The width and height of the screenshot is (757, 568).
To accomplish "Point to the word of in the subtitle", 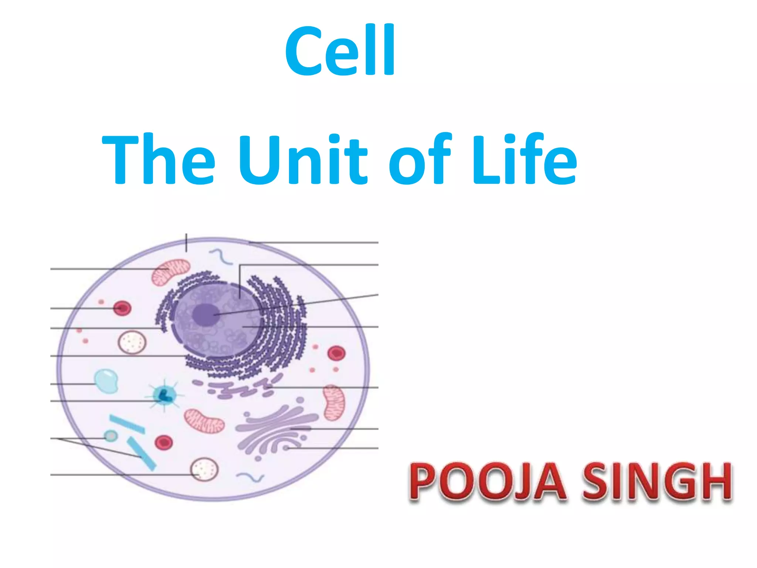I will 420,159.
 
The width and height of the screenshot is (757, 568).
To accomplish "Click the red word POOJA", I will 487,482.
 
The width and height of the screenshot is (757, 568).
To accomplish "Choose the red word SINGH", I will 657,482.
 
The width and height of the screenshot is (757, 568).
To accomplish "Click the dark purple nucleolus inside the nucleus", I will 206,315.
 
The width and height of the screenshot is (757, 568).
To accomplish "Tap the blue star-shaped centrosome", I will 164,395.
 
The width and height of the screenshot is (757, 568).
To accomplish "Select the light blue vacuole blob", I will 106,381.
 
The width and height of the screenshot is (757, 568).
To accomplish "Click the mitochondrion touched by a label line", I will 171,273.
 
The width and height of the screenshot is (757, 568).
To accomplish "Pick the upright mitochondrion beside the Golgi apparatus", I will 334,402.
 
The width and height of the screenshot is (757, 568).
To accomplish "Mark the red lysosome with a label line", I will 122,308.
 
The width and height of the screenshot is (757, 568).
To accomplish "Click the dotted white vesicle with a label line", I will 204,470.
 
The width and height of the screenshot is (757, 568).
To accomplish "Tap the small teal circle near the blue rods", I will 111,436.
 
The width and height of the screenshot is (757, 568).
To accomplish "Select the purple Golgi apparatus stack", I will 277,429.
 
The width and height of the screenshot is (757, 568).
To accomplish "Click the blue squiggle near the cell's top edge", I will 221,256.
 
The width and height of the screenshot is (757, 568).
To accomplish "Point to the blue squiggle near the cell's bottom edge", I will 250,477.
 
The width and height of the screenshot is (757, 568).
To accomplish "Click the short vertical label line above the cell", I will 186,243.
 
